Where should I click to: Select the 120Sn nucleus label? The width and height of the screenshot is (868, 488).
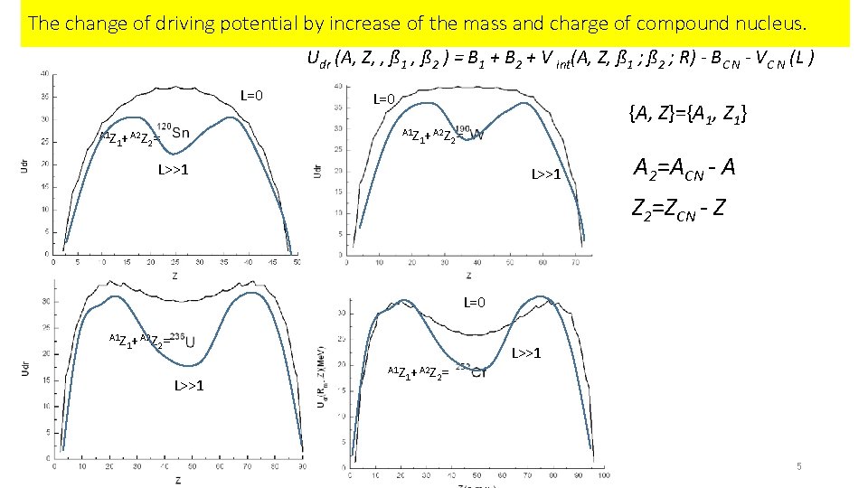click(174, 130)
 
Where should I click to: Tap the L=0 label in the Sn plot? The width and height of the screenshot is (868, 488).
click(250, 96)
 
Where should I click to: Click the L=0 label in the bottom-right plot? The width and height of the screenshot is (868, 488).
click(476, 302)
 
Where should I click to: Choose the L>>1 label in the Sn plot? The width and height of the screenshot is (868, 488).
click(173, 169)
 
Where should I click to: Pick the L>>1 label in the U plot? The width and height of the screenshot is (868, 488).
click(188, 386)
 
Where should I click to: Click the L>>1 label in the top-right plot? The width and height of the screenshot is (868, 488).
click(545, 174)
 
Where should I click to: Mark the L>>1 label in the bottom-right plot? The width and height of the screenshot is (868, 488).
click(526, 352)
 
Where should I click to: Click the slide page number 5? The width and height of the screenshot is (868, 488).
click(799, 466)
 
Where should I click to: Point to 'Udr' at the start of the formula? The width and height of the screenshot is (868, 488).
click(318, 61)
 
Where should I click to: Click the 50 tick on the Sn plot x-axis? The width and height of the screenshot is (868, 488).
click(297, 263)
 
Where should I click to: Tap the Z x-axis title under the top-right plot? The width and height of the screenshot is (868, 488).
click(467, 275)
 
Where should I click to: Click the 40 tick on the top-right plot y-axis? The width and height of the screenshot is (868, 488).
click(337, 87)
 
